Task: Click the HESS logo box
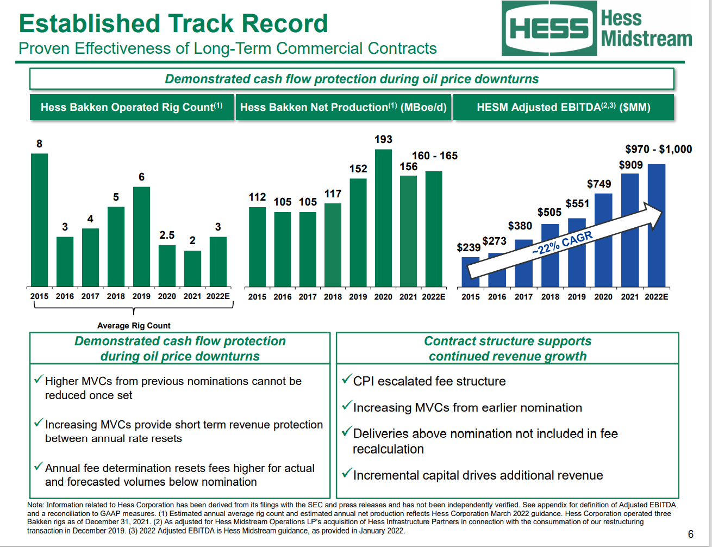point(549,28)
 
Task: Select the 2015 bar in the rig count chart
point(39,220)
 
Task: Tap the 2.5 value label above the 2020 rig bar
point(167,235)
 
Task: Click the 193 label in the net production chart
point(383,140)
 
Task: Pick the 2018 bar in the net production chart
point(333,245)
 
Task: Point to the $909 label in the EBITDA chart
point(630,165)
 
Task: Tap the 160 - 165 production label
point(435,156)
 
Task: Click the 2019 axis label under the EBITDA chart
point(577,297)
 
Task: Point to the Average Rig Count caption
point(134,326)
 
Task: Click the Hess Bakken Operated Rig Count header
point(132,107)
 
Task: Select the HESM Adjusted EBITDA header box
point(564,107)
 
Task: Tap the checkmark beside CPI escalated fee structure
point(346,380)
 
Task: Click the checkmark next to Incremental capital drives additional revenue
point(346,474)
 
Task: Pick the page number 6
point(691,534)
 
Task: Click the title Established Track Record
point(173,24)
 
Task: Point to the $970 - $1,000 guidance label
point(658,149)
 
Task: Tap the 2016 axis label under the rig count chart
point(65,296)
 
